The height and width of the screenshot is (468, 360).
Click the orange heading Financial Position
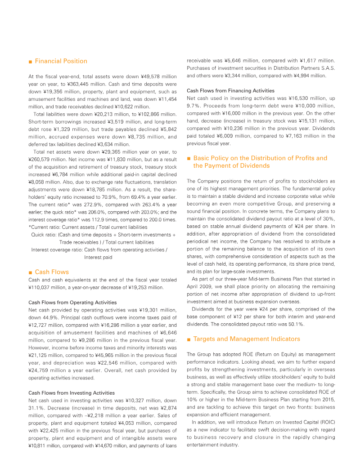tap(61, 61)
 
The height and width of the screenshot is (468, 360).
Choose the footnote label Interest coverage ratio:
tap(57, 250)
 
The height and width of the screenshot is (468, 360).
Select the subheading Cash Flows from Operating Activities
tap(72, 302)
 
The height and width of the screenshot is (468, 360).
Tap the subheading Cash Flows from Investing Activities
tap(71, 393)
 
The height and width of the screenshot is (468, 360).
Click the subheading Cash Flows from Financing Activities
tap(230, 90)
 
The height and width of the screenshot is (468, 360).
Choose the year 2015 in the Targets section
tap(328, 400)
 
